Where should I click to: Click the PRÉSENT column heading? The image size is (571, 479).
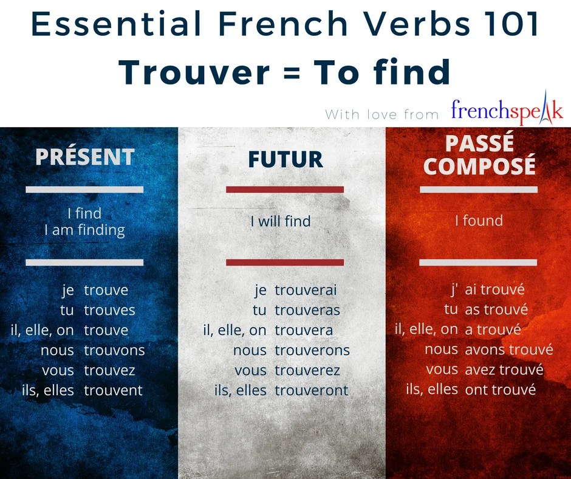click(x=84, y=157)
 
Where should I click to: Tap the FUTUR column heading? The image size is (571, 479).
click(x=285, y=159)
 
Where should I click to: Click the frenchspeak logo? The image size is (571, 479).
click(x=507, y=111)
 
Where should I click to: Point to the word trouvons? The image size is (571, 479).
click(x=114, y=350)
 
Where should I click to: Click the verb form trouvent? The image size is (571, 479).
click(x=114, y=390)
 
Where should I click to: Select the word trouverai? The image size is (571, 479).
click(x=306, y=291)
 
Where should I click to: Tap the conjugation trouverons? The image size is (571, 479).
click(x=312, y=350)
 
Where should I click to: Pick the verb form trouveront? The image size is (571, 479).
click(x=312, y=390)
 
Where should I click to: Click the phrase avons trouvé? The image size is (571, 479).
click(x=508, y=350)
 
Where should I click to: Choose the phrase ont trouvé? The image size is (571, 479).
click(x=500, y=390)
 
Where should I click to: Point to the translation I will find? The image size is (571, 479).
click(x=281, y=221)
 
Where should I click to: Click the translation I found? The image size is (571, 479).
click(x=479, y=220)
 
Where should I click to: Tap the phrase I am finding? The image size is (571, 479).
click(x=84, y=230)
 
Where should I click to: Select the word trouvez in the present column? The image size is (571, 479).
click(x=109, y=370)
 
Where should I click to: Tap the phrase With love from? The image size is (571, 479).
click(x=382, y=114)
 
